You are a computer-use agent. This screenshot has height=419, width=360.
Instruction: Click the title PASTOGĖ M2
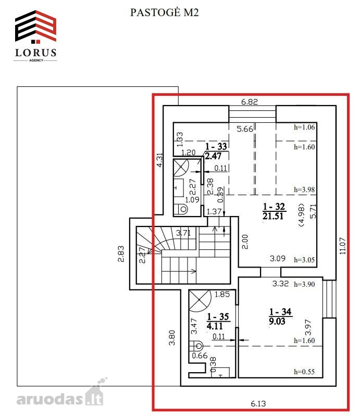point(164,12)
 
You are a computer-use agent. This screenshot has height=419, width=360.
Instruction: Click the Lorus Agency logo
point(35,36)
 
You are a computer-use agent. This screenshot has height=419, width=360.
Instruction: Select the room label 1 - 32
point(274,206)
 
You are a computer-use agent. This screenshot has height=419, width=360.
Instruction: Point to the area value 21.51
point(273,216)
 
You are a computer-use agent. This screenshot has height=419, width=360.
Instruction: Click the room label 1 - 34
point(280,312)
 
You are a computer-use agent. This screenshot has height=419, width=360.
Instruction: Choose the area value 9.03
point(277,321)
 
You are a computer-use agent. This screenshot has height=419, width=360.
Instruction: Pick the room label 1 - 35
point(218,316)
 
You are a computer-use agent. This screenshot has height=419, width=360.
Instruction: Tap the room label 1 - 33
point(216,146)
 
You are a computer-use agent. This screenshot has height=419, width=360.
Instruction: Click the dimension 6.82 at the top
point(249,102)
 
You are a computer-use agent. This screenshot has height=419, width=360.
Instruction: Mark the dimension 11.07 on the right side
point(343,246)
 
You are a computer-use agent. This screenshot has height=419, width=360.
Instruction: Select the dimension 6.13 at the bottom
point(258,403)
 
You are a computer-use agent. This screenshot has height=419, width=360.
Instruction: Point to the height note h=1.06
point(304,127)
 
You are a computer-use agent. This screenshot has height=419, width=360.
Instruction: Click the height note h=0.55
point(304,372)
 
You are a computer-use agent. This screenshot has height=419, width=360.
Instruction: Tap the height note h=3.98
point(304,190)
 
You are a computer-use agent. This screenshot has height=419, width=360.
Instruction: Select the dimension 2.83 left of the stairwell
point(121,254)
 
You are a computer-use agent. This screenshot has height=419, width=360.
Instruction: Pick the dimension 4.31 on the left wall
point(159,160)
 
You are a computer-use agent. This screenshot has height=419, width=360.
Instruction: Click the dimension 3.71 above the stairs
point(183,233)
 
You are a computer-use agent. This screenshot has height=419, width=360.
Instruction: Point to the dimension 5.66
point(245,129)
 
